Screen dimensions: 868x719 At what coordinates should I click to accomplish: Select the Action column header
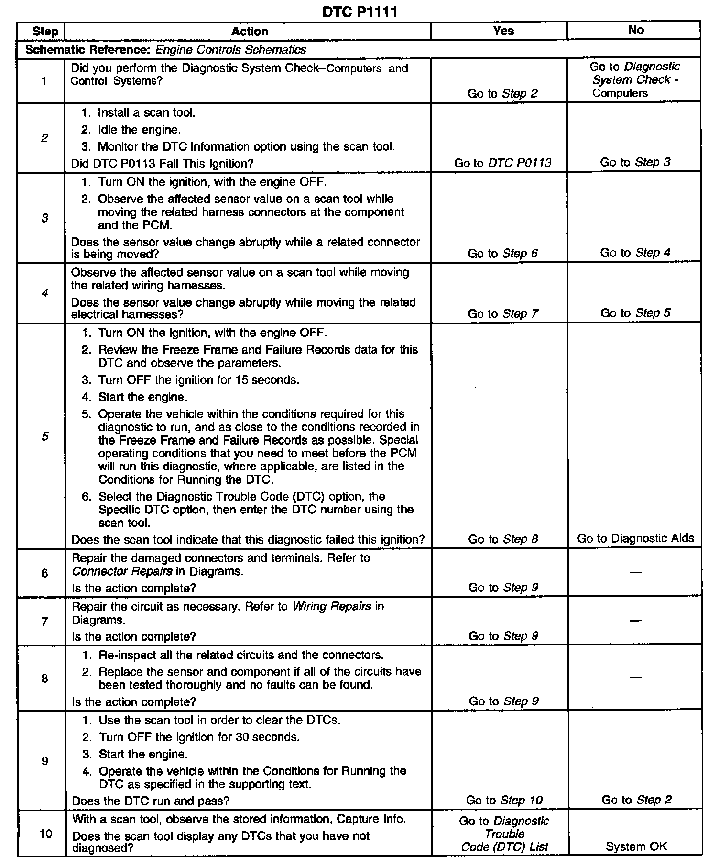(x=250, y=32)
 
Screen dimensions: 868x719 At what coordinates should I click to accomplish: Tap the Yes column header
(x=503, y=31)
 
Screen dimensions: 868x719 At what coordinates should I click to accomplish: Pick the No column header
(x=635, y=31)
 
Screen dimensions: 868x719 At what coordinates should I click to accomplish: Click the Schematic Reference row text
(x=165, y=50)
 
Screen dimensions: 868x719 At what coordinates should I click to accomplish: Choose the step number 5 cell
(x=44, y=436)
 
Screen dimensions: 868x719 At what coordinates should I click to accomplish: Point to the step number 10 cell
(x=45, y=834)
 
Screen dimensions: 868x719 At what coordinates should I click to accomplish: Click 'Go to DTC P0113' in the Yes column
(x=502, y=163)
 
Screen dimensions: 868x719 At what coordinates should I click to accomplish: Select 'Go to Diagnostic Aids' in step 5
(x=635, y=539)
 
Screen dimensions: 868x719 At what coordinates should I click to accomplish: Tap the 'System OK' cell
(x=636, y=846)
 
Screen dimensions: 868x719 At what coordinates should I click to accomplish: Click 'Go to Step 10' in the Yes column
(x=504, y=800)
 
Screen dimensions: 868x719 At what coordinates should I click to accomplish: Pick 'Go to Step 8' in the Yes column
(x=503, y=539)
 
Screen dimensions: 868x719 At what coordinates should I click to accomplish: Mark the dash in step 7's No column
(x=635, y=621)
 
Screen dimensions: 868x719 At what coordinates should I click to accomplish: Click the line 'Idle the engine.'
(x=139, y=130)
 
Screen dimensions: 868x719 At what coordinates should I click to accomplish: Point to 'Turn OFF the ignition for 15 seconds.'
(x=198, y=380)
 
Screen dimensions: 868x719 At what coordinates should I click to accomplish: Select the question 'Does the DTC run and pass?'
(x=150, y=801)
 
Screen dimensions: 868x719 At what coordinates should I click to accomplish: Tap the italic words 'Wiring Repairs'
(x=331, y=607)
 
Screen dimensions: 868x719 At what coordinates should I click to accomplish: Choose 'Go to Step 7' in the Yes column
(x=503, y=314)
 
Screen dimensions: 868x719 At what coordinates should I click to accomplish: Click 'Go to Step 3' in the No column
(x=635, y=162)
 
